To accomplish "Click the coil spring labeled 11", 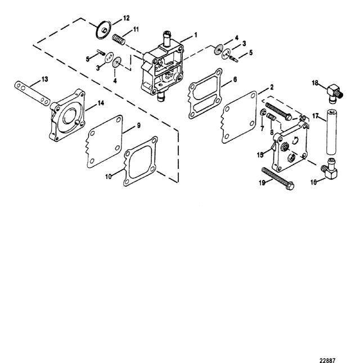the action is pyautogui.click(x=119, y=39).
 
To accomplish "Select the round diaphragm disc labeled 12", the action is pyautogui.click(x=103, y=30).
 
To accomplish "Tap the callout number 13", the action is pyautogui.click(x=44, y=79).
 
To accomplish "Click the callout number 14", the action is pyautogui.click(x=101, y=103).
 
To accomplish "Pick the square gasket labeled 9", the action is pyautogui.click(x=105, y=141).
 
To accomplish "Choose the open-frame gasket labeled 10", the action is pyautogui.click(x=141, y=161).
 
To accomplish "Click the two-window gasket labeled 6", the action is pyautogui.click(x=205, y=93).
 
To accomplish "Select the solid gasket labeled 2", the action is pyautogui.click(x=239, y=117).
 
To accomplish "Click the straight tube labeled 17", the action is pyautogui.click(x=332, y=132).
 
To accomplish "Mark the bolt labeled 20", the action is pyautogui.click(x=278, y=111).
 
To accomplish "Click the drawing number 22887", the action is pyautogui.click(x=327, y=360).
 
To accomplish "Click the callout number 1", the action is pyautogui.click(x=196, y=35).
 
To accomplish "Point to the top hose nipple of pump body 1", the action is pyautogui.click(x=166, y=39).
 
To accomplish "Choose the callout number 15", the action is pyautogui.click(x=260, y=155).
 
